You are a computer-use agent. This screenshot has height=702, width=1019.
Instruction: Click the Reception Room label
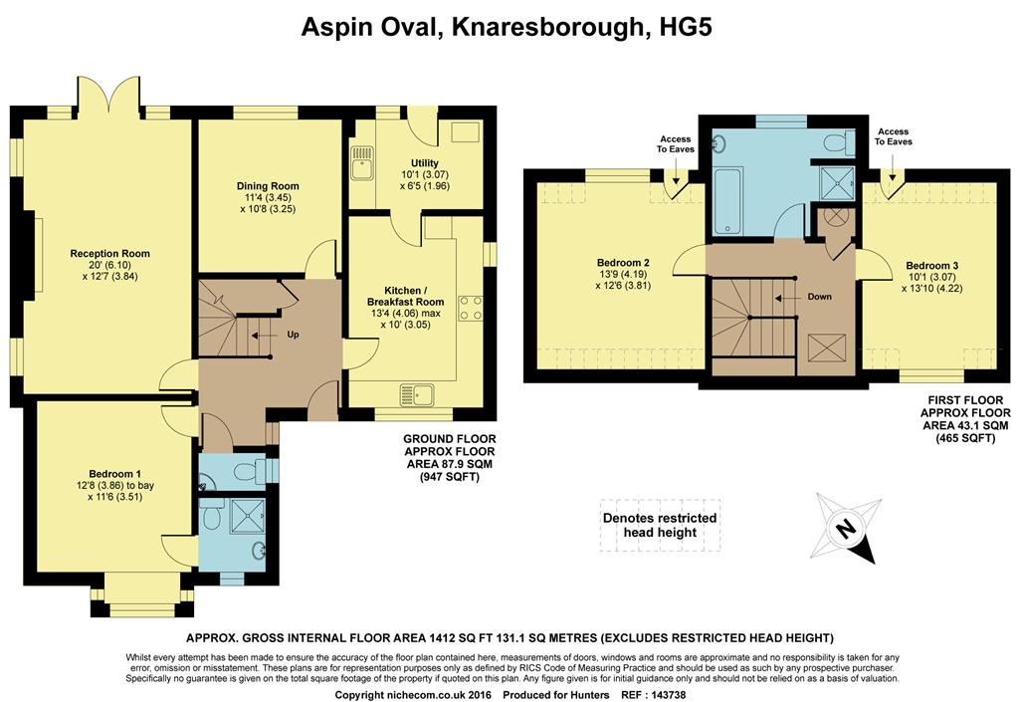[109, 254]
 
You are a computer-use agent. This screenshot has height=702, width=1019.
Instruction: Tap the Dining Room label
[268, 186]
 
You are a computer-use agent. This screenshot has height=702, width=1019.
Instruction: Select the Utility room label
[424, 163]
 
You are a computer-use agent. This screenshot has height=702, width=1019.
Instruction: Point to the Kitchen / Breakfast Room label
[406, 296]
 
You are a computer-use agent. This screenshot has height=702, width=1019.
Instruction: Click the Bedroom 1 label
[115, 474]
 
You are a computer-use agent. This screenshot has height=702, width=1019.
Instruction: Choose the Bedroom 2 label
[623, 263]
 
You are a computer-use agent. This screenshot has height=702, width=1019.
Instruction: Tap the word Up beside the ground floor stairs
[294, 335]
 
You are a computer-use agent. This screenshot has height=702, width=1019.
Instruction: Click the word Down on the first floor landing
[820, 297]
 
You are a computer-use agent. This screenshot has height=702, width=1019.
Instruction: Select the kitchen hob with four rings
[471, 308]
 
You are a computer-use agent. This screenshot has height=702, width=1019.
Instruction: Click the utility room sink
[360, 162]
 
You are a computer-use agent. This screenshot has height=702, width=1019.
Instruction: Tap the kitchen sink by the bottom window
[417, 394]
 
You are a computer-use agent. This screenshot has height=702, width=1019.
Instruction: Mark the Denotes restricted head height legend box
[660, 525]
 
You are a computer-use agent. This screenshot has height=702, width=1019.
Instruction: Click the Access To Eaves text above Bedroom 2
[676, 143]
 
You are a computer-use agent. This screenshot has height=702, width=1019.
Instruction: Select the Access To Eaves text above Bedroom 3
[893, 136]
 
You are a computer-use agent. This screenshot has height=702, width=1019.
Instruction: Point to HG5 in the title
[686, 27]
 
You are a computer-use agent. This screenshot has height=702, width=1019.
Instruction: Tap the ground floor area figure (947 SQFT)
[449, 477]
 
